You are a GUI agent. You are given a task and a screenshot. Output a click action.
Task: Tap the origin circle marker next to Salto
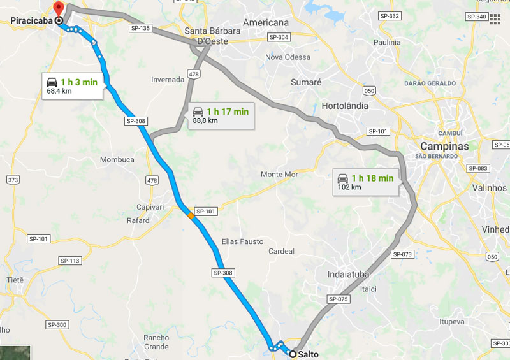[x=292, y=354]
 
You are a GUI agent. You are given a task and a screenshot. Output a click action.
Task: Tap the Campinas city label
[x=444, y=146]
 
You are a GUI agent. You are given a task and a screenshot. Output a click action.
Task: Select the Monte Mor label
[x=280, y=174]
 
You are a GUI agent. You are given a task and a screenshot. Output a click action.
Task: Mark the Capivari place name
[x=150, y=207]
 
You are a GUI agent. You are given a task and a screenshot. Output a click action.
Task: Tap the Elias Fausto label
[x=243, y=241]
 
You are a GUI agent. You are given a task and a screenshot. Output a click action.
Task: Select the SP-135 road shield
[x=140, y=28]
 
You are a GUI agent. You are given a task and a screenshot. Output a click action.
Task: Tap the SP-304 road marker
[x=279, y=38]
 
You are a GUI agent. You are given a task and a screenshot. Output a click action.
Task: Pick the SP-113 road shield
[x=70, y=261]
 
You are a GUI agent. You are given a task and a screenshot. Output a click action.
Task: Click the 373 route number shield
[x=13, y=180]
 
